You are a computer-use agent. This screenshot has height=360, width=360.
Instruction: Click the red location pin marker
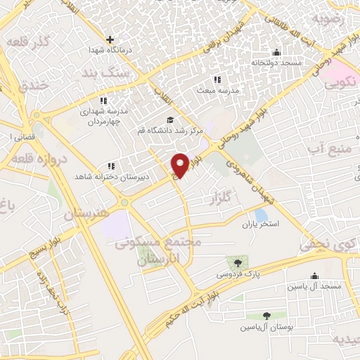180,165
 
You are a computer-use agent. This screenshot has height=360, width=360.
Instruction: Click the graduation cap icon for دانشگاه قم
169,120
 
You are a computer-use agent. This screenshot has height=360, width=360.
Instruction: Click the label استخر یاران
262,224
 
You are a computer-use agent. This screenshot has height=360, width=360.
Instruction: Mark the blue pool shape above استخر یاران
261,214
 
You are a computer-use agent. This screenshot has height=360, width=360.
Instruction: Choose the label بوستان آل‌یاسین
266,327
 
